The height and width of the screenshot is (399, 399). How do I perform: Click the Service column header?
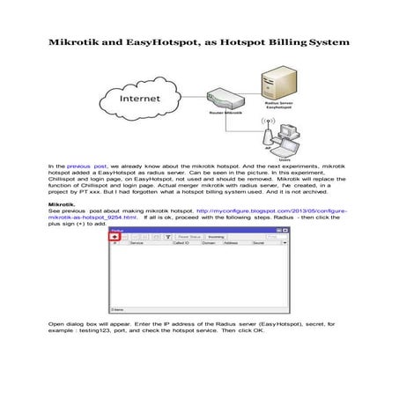coord(137,244)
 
